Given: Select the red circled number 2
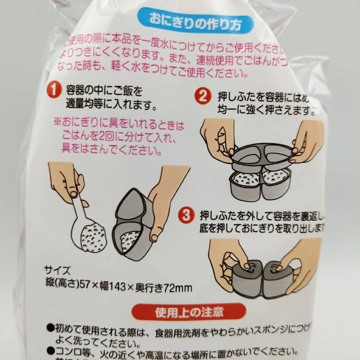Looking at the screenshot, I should (202, 96).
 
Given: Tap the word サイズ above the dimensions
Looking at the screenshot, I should (53, 271).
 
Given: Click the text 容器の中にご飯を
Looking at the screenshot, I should (104, 91).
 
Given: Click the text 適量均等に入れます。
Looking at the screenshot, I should (111, 105).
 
